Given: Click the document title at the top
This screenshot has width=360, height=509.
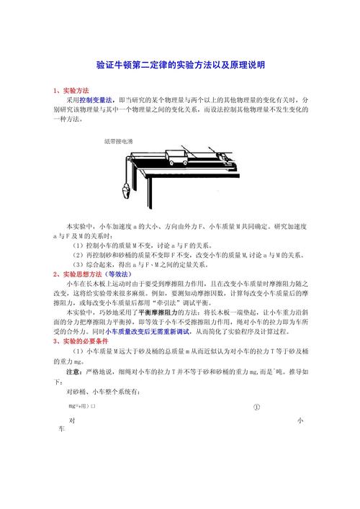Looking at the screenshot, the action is pos(180,65).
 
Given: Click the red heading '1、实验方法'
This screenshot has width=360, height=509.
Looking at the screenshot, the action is pos(71,91).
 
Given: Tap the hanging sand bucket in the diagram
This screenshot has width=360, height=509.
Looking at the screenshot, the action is pos(127,192).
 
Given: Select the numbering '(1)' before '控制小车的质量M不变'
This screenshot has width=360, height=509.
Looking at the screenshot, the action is pos(78,245).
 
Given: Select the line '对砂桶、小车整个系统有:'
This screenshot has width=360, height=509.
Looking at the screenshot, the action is pos(104,392).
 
